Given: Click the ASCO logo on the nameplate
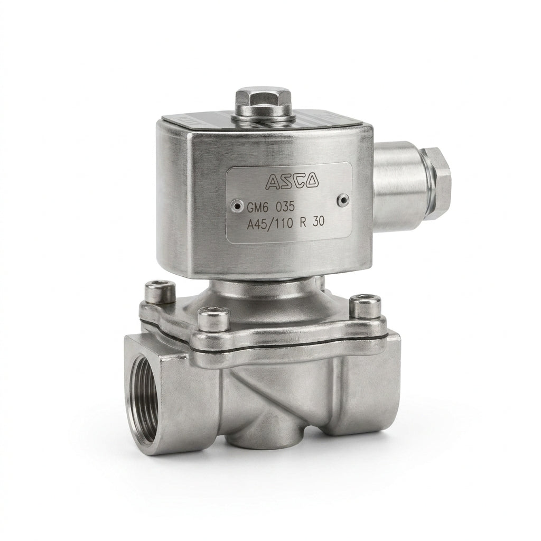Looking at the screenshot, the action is pos(292,181).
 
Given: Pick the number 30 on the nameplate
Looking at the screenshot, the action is pos(318,222).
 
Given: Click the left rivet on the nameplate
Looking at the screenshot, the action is pos(237,206).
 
